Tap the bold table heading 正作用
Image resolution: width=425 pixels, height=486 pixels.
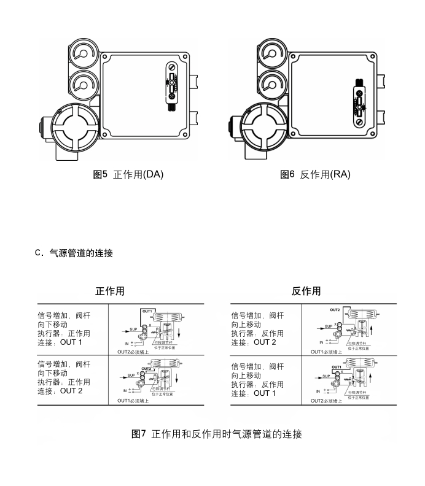point(109,291)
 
